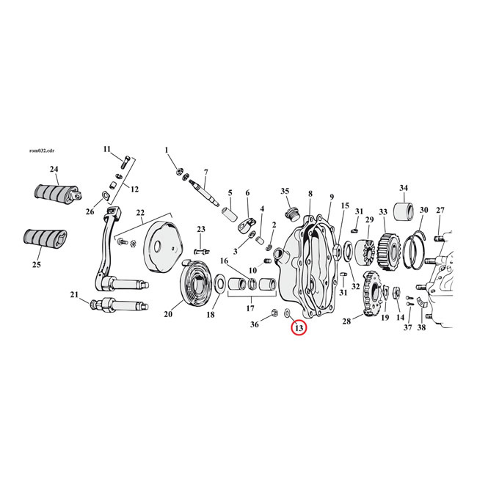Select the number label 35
(285, 191)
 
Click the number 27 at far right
(440, 210)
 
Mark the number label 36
(254, 324)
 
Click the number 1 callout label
(167, 150)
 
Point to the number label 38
(421, 328)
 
